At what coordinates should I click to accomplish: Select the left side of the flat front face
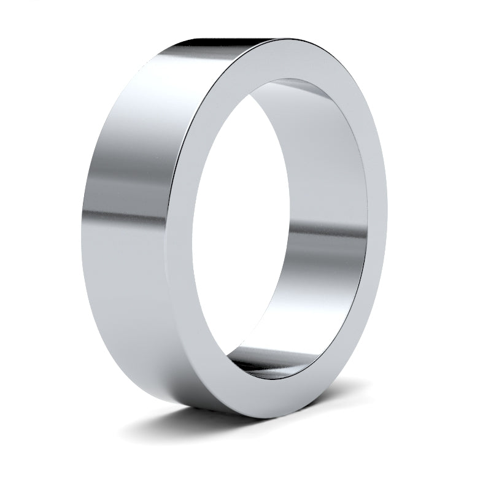(x=190, y=233)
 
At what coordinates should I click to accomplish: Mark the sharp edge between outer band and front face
(x=181, y=184)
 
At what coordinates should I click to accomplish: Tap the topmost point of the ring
(x=276, y=39)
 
